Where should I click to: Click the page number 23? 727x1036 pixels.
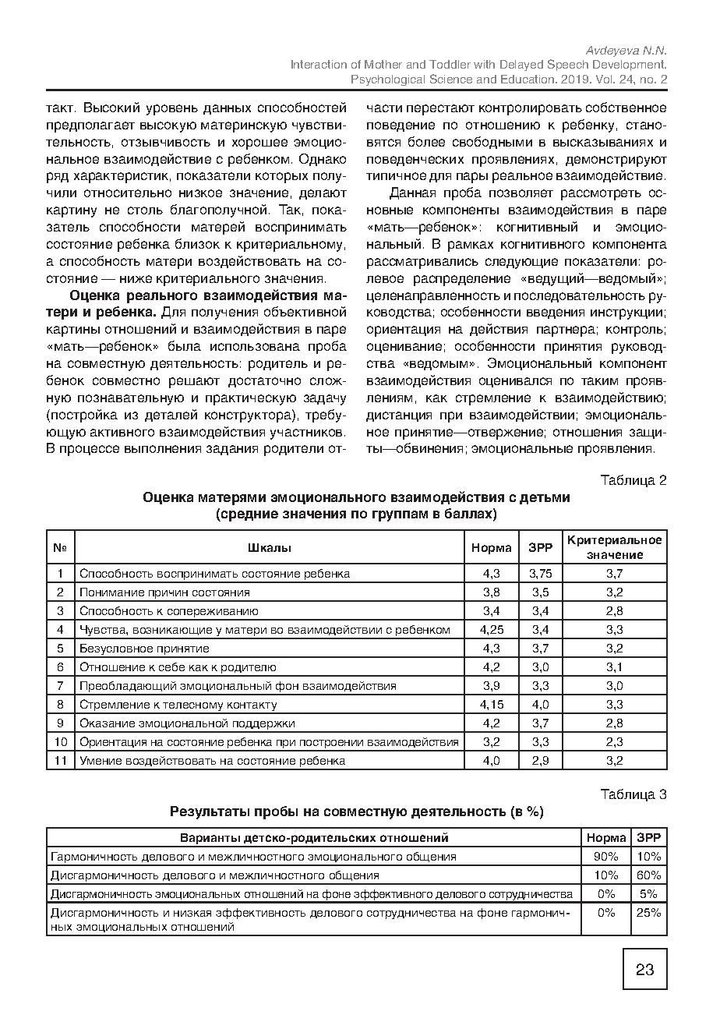(644, 970)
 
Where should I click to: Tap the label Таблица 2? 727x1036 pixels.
(633, 479)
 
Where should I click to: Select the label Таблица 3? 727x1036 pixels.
(633, 794)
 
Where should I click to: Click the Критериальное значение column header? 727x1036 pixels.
(614, 547)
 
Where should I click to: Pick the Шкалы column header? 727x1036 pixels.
(270, 547)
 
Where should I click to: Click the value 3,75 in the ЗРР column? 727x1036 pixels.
(540, 573)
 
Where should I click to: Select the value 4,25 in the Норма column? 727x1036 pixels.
(491, 629)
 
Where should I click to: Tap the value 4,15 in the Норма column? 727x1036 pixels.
(491, 704)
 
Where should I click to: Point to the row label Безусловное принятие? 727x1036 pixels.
(144, 648)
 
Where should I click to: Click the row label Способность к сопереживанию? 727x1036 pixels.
(168, 610)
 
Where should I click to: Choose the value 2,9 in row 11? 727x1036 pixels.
(540, 760)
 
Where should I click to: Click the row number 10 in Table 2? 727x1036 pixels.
(60, 741)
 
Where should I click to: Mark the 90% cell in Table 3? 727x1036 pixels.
(605, 856)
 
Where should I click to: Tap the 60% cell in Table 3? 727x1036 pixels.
(648, 875)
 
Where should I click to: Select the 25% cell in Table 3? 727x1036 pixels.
(648, 912)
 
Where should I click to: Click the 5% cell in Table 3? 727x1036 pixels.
(648, 893)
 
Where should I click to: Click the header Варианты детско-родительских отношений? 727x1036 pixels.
(314, 838)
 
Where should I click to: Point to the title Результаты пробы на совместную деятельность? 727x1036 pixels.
(356, 811)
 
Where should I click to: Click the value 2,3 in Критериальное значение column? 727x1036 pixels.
(614, 741)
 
